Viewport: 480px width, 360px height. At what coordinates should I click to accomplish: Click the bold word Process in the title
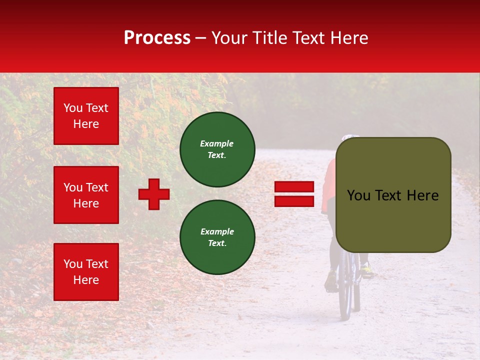[157, 38]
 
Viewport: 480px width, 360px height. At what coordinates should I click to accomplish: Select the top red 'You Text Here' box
[86, 116]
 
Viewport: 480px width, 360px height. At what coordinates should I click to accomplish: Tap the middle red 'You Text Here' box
[86, 195]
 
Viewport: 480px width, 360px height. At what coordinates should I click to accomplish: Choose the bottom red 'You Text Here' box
[86, 271]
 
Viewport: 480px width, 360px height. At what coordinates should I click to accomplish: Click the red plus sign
[154, 194]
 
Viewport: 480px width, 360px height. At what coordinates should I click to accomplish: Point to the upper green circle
[217, 149]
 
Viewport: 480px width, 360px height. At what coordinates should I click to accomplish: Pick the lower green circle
[217, 237]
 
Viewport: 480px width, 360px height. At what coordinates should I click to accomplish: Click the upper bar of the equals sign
[294, 187]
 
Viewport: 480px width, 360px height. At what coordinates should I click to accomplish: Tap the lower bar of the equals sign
[294, 201]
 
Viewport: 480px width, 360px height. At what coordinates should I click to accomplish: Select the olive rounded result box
[393, 195]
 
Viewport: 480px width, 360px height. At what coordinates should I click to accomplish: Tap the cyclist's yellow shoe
[367, 272]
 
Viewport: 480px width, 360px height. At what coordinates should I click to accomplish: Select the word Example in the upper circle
[216, 143]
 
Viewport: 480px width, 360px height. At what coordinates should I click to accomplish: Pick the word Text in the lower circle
[216, 243]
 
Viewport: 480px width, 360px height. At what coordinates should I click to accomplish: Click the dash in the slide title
[201, 38]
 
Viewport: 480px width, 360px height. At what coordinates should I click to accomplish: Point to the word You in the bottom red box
[73, 264]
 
